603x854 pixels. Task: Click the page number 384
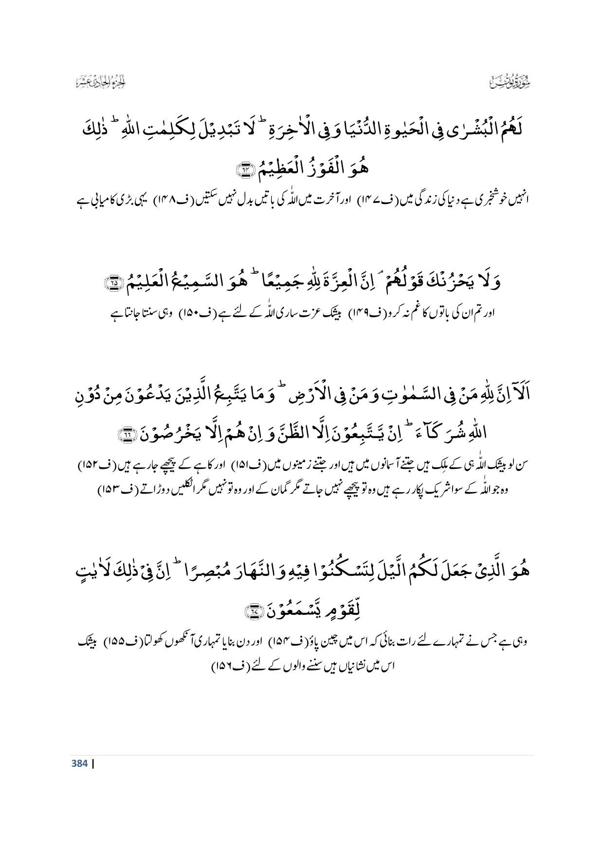click(x=78, y=763)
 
